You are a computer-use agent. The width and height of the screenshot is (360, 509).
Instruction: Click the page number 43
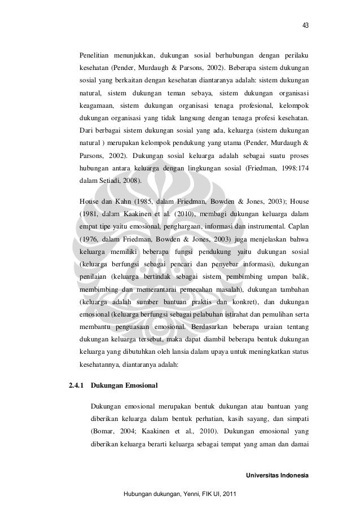[305, 25]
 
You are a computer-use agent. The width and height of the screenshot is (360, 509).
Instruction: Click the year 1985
[154, 201]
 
